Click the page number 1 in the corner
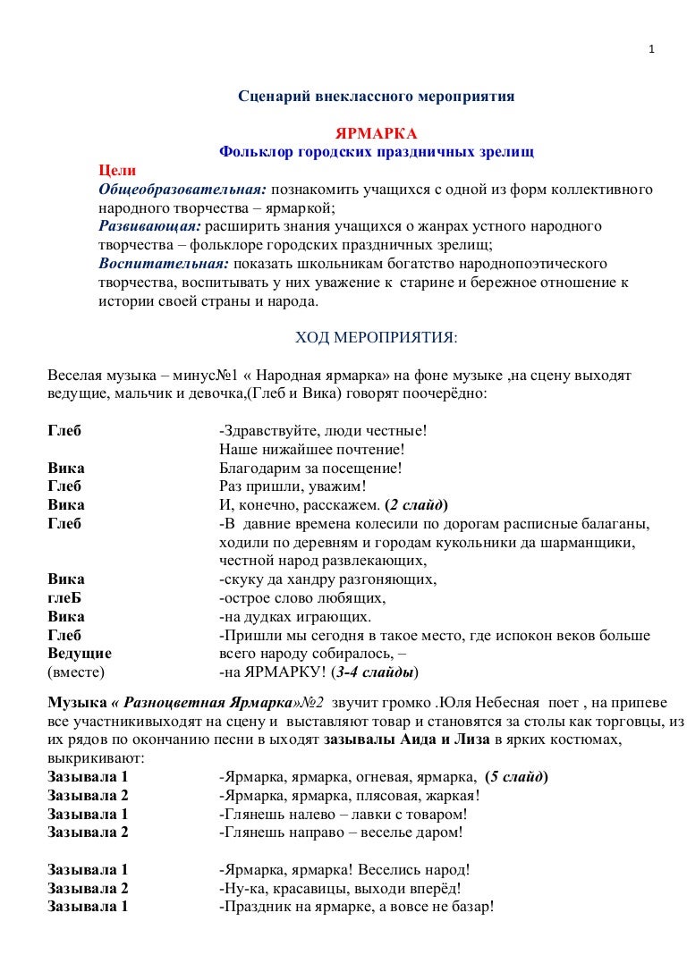tap(653, 48)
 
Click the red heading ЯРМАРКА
tap(376, 134)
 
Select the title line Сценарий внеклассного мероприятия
tap(376, 96)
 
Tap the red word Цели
tap(117, 171)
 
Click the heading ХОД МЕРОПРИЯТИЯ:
tap(376, 337)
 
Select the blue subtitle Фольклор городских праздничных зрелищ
tap(376, 152)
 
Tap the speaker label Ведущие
tap(80, 654)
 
